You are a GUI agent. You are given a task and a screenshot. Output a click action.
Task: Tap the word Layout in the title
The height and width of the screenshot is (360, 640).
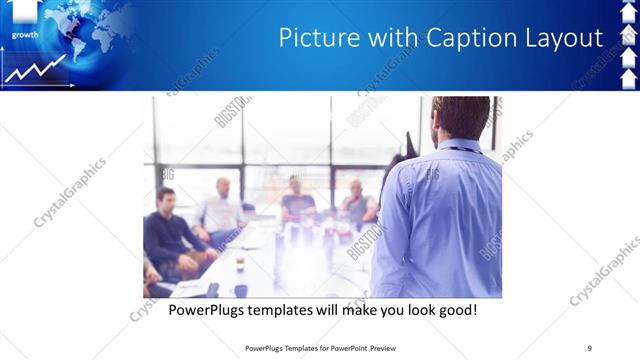point(565,39)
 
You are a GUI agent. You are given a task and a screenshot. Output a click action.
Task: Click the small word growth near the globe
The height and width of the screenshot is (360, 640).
point(26,34)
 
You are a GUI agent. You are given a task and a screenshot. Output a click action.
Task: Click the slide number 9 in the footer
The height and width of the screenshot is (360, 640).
point(589,347)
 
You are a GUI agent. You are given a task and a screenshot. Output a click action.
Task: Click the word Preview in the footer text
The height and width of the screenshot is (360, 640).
point(388,347)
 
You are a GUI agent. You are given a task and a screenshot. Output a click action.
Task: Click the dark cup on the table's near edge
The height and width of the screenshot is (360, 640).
point(240,290)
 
